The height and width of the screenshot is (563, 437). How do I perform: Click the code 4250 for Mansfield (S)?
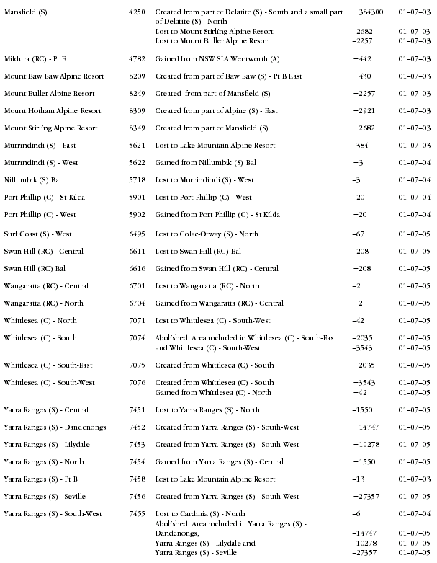pyautogui.click(x=137, y=13)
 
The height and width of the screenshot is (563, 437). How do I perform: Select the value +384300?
pyautogui.click(x=368, y=13)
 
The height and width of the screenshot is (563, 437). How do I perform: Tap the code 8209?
pyautogui.click(x=137, y=76)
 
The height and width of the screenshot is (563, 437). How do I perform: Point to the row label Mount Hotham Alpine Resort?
pyautogui.click(x=50, y=110)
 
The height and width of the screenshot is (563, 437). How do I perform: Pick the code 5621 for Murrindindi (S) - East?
pyautogui.click(x=137, y=145)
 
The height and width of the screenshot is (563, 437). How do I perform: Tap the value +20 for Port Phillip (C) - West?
pyautogui.click(x=359, y=214)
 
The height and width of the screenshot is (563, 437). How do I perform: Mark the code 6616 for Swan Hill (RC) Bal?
pyautogui.click(x=137, y=268)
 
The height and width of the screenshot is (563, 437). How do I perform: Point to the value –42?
pyautogui.click(x=359, y=320)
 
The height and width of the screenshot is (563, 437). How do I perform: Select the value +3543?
pyautogui.click(x=364, y=382)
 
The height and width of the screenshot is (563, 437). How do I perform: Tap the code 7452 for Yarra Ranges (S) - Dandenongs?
pyautogui.click(x=137, y=427)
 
